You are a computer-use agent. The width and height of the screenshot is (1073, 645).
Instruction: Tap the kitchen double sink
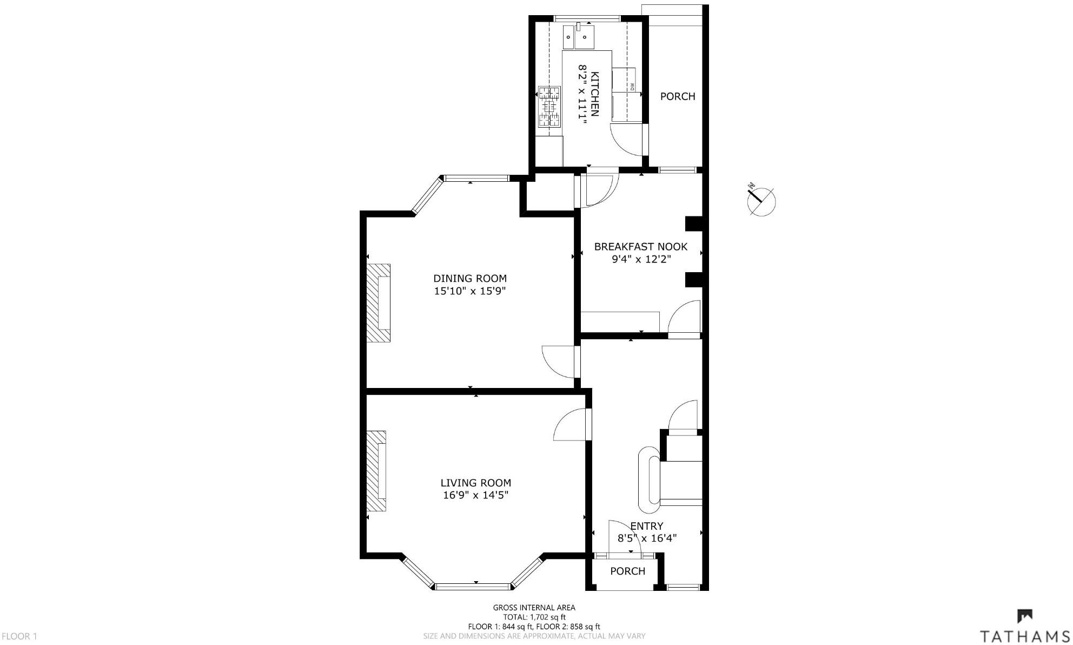tap(578, 37)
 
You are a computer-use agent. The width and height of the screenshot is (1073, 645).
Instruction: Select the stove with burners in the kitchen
tap(548, 106)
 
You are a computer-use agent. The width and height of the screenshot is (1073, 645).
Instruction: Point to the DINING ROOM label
tap(469, 279)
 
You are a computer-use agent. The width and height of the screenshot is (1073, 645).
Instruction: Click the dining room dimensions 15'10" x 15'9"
tap(469, 291)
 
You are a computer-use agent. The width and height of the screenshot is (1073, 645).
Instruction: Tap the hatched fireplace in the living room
tap(376, 471)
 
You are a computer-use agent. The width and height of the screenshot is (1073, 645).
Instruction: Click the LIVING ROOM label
tap(475, 483)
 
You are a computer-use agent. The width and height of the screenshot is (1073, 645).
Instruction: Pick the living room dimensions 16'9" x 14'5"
tap(475, 495)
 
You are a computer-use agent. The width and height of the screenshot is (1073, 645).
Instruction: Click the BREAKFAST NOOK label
tap(640, 247)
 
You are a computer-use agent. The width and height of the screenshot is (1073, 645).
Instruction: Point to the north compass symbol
tap(761, 200)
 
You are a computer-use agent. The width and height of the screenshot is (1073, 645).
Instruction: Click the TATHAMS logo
tap(1025, 628)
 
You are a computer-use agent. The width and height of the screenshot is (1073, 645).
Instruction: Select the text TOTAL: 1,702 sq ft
tap(534, 617)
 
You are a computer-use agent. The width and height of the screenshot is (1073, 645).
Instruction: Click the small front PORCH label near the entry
tap(627, 571)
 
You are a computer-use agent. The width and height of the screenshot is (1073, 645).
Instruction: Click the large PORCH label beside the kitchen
tap(677, 96)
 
